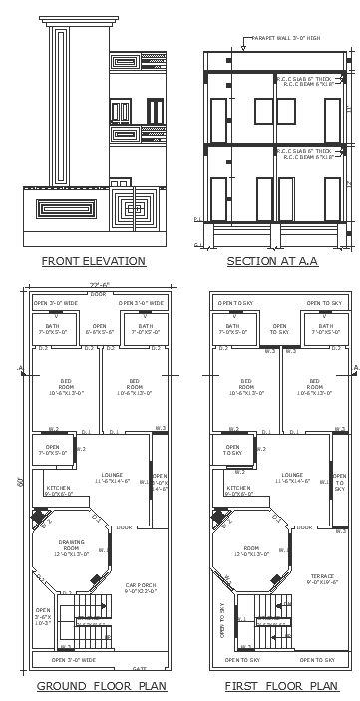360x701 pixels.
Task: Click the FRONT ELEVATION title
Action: pyautogui.click(x=93, y=261)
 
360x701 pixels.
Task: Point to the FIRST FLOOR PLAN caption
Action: pyautogui.click(x=281, y=686)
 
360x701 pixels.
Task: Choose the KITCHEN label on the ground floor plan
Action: pyautogui.click(x=58, y=490)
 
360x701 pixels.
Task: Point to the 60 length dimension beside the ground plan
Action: pyautogui.click(x=18, y=482)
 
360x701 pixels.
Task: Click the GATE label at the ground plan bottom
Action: pyautogui.click(x=139, y=668)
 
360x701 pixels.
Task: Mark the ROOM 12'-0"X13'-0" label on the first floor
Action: pyautogui.click(x=251, y=551)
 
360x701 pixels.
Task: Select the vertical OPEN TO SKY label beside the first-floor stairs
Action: pyautogui.click(x=222, y=618)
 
